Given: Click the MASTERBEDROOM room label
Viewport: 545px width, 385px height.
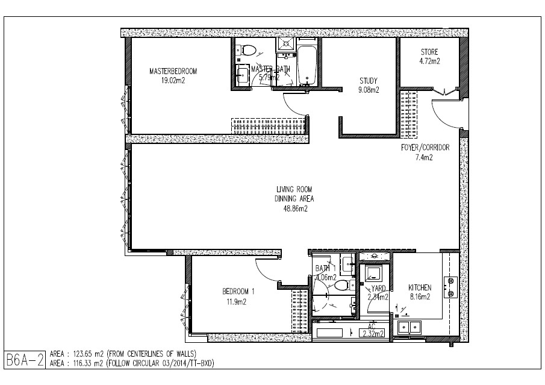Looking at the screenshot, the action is [173, 71].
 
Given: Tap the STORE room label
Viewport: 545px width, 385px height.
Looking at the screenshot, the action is [429, 52].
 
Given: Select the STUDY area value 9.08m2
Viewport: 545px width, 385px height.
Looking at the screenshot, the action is [369, 90].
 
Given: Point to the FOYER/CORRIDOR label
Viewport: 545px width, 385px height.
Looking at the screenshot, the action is [425, 148].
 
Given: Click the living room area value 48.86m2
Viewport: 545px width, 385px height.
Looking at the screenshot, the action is [296, 208].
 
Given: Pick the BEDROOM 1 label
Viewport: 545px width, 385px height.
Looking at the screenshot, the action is [238, 292].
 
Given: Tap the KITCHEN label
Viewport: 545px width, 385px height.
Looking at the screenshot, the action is [420, 287].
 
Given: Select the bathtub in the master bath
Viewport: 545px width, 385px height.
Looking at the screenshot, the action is [307, 65].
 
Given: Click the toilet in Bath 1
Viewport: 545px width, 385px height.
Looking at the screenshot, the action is [343, 286].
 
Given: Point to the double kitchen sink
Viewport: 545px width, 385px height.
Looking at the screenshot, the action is [410, 328].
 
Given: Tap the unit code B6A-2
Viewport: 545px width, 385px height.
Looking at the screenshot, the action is [25, 360].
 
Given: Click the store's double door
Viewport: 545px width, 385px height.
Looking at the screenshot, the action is [444, 91].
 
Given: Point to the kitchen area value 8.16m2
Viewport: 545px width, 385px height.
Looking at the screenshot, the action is [420, 297].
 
